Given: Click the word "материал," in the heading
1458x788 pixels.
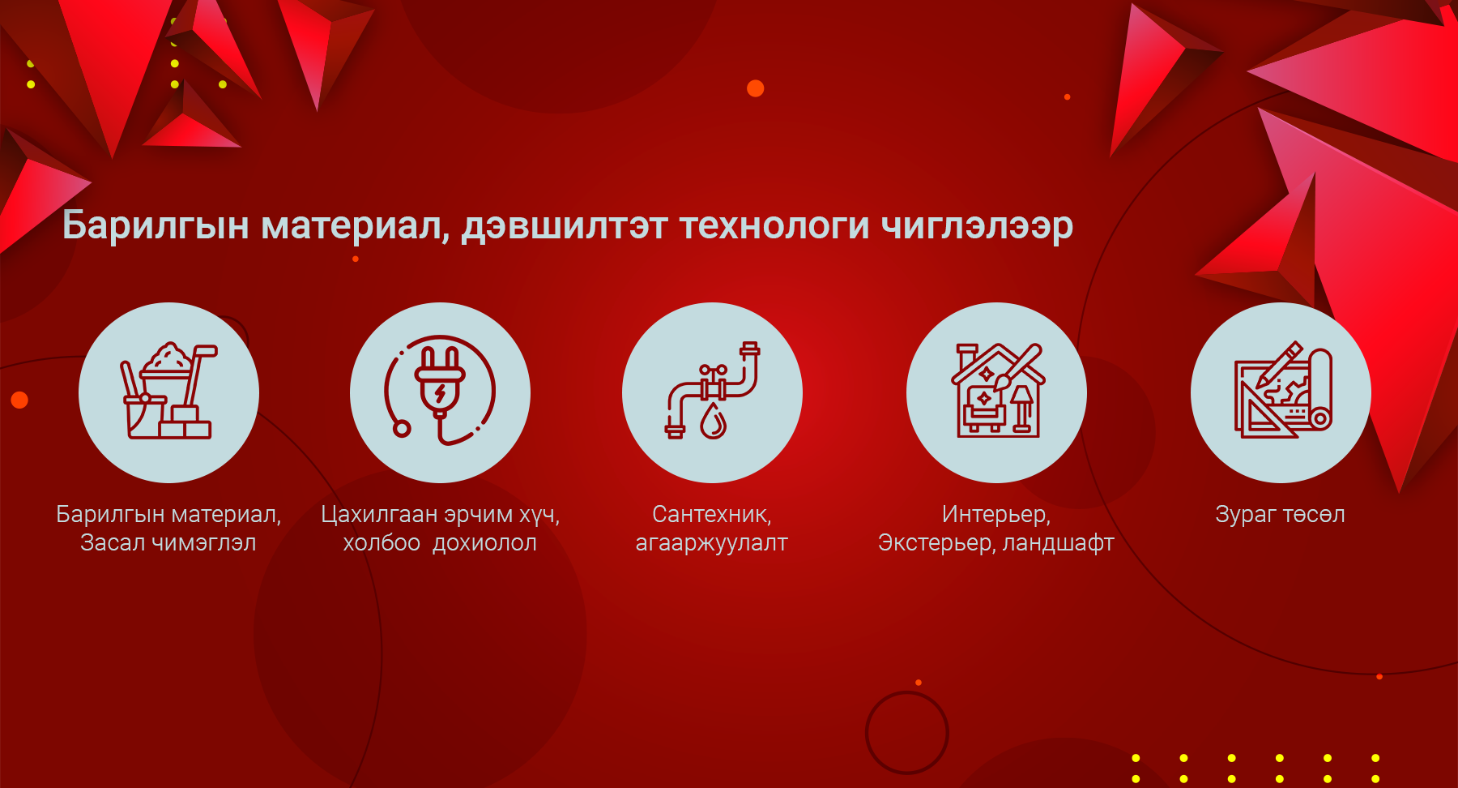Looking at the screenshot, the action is [x=356, y=226].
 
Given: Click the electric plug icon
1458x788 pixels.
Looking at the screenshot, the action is [x=440, y=391].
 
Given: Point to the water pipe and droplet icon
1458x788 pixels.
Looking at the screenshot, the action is [x=712, y=391].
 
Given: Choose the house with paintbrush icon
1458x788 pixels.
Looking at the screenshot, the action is [x=997, y=391].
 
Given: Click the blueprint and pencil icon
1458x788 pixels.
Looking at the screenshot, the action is [x=1282, y=391].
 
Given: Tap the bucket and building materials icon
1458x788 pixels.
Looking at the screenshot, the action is [x=168, y=391].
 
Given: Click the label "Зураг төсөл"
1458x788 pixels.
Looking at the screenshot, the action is [x=1281, y=514].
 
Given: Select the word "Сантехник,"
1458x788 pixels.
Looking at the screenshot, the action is [x=712, y=515].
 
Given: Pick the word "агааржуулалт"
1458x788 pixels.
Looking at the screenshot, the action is [x=712, y=543].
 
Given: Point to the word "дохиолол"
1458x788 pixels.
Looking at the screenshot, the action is [x=485, y=543].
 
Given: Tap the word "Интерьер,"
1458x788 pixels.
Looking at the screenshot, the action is [x=996, y=515].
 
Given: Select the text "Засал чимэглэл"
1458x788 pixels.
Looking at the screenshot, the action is [x=168, y=542].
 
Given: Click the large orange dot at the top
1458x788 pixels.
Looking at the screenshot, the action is [x=756, y=88].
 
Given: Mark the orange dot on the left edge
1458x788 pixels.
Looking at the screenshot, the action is [x=19, y=400].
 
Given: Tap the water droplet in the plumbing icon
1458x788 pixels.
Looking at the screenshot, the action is [x=713, y=422].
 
